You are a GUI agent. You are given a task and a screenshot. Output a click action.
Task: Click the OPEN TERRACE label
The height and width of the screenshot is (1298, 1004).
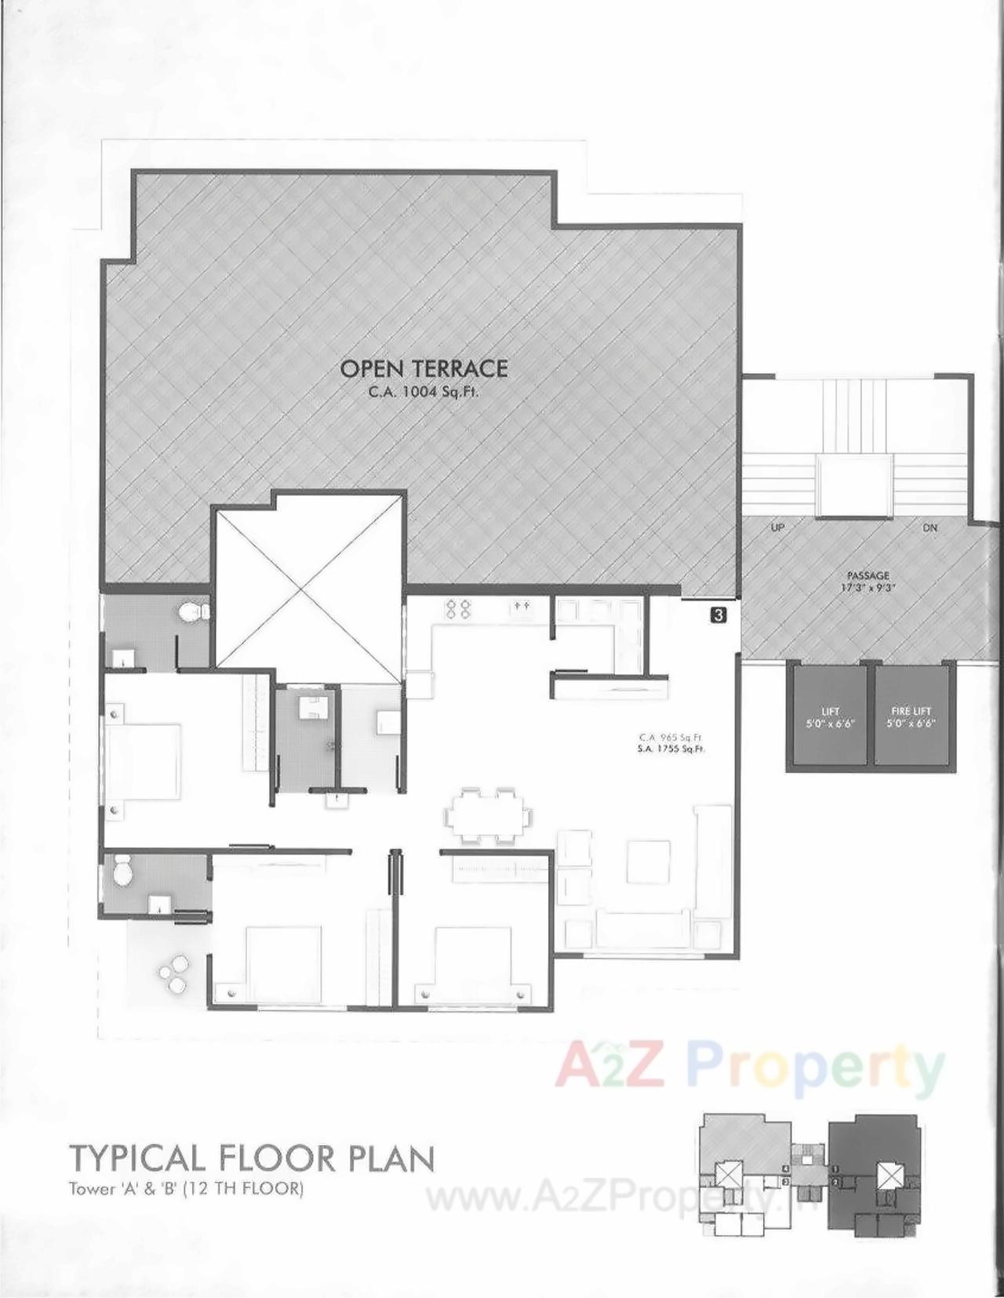pos(424,368)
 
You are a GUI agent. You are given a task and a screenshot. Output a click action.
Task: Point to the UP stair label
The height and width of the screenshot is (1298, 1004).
pos(777,528)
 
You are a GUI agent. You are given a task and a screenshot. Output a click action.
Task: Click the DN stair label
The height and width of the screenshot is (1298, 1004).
pos(929,528)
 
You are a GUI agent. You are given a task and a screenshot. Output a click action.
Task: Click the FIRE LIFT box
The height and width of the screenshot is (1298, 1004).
pos(911,715)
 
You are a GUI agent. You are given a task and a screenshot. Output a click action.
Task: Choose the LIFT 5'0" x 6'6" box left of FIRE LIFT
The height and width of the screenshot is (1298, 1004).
pos(829,715)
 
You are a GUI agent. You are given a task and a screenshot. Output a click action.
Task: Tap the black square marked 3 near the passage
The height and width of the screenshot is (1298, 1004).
pos(718,615)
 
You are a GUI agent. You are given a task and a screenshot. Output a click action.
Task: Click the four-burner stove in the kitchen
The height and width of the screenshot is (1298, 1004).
pos(457,610)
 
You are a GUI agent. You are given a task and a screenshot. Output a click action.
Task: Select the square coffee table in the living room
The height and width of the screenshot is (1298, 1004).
pos(648,865)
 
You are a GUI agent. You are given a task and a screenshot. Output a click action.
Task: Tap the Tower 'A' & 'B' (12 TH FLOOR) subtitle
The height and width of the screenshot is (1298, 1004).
pos(185,1189)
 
